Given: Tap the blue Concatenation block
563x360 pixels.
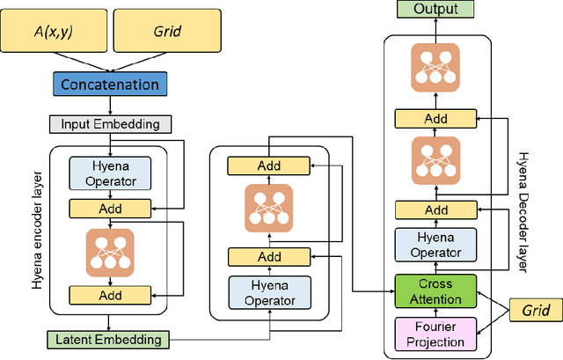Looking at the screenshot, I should tap(110, 84).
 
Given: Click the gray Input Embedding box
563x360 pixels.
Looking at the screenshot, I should tap(110, 124).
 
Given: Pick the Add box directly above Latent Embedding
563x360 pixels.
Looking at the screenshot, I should tap(110, 295).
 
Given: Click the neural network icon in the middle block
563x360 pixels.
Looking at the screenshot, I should tap(269, 209).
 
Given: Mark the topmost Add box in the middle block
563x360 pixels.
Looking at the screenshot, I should tap(269, 165).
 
